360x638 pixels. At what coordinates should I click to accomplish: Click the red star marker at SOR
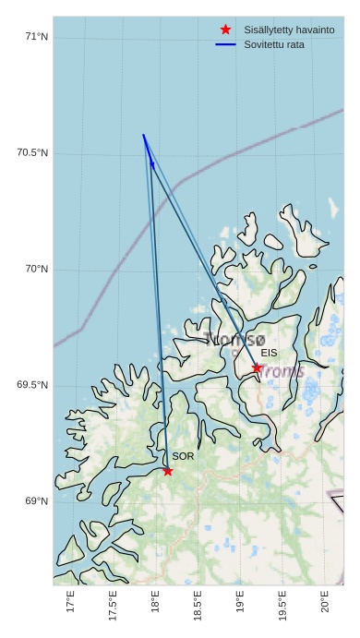tap(167, 471)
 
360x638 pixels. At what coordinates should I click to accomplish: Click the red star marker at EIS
tap(257, 367)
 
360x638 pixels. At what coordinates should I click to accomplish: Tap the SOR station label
tap(183, 456)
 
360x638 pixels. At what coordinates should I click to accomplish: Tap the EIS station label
tap(269, 353)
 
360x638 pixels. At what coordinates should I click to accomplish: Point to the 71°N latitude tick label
tap(36, 37)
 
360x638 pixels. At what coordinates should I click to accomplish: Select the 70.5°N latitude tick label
tap(32, 153)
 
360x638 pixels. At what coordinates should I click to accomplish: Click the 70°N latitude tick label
tap(36, 270)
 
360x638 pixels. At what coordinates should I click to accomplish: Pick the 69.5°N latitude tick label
tap(32, 385)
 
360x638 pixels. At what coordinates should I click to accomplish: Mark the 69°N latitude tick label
tap(36, 501)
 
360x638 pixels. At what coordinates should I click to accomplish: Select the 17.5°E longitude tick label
tap(113, 607)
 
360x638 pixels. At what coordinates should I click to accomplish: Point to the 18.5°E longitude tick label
tap(198, 607)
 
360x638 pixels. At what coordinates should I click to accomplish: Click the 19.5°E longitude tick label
tap(282, 607)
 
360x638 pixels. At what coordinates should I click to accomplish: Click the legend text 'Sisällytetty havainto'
tap(289, 30)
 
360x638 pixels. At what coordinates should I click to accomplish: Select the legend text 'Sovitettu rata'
tap(274, 44)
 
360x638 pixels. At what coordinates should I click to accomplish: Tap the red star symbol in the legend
tap(225, 30)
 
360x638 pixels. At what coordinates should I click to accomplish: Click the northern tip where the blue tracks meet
tap(143, 135)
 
